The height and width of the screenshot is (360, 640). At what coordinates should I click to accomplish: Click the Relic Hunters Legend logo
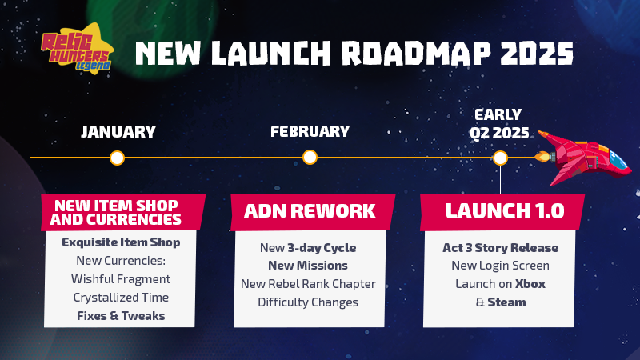point(77,49)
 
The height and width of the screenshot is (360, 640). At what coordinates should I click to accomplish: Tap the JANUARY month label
point(118,132)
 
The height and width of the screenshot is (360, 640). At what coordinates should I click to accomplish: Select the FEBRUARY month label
point(310,131)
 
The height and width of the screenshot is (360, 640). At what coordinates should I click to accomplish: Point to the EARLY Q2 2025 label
point(499,124)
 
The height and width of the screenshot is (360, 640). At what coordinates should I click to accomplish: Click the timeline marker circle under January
point(117,158)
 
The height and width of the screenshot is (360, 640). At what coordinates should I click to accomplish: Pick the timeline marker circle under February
point(310,157)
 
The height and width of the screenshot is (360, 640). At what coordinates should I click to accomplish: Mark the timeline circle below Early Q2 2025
point(500,158)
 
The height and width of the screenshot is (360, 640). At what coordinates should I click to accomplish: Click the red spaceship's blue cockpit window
point(617,160)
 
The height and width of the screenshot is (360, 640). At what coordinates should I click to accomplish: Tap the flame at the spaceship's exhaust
point(542,157)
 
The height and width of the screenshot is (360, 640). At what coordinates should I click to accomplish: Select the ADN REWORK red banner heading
point(310,211)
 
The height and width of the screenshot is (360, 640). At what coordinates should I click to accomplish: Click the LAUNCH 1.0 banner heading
point(505,211)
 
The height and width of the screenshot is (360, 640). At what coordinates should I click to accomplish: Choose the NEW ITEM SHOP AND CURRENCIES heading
point(116,212)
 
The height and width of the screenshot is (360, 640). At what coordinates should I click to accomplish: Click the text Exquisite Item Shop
point(121,242)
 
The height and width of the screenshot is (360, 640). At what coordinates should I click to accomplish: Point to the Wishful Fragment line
point(121,279)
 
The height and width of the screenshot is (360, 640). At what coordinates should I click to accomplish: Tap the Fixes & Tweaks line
point(121,316)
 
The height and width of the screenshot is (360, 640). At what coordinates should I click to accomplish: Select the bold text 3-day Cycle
point(322,248)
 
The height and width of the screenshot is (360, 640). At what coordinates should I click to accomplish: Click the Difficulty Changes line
point(308,302)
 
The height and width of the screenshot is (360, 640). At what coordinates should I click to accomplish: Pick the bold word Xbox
point(530,284)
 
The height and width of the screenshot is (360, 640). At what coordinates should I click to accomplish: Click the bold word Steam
point(506,302)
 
